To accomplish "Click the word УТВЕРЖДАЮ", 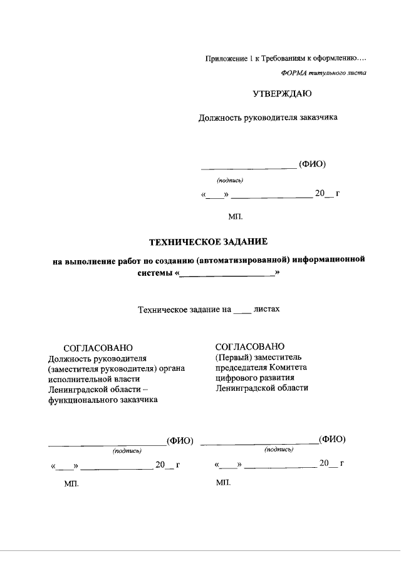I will click(281, 94).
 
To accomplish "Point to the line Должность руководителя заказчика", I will click(268, 117).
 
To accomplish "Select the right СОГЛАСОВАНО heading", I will click(250, 346).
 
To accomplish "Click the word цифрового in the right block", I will click(234, 378).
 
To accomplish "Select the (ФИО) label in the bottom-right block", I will click(332, 439).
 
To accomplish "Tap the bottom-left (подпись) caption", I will click(127, 450).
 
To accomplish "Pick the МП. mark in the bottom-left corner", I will click(71, 485).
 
